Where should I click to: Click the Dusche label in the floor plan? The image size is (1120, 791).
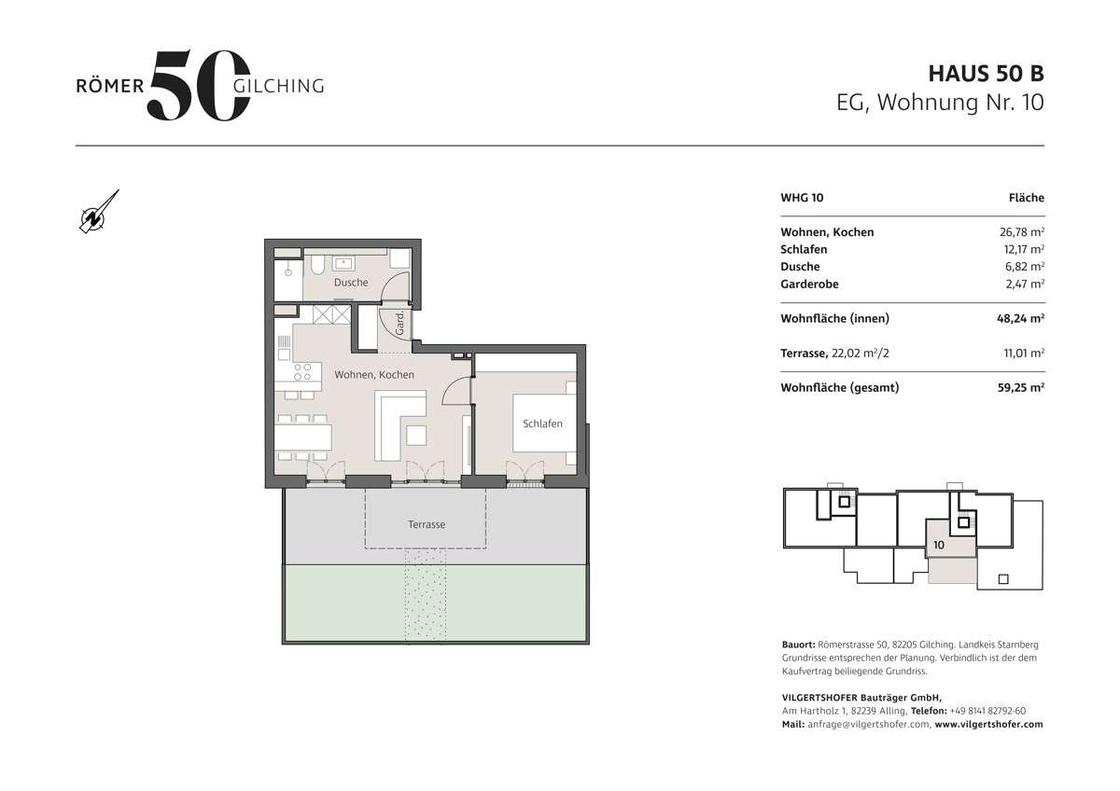tap(350, 282)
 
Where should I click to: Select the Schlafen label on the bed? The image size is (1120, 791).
tap(542, 423)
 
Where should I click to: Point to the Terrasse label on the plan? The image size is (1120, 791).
tap(426, 524)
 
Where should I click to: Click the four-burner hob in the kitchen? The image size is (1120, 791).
tap(302, 373)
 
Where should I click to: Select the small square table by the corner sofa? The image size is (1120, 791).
tap(414, 435)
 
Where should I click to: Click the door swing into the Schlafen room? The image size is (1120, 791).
tap(457, 393)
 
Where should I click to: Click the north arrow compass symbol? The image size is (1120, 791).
tap(98, 212)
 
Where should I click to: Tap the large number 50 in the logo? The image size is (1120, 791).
tap(199, 86)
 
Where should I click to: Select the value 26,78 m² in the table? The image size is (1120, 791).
tap(1021, 232)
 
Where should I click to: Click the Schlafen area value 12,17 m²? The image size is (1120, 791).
tap(1021, 249)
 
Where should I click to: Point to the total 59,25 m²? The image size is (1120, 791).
tap(1020, 387)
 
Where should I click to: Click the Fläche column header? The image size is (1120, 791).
tap(1026, 198)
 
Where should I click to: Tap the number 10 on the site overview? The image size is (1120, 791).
tap(938, 543)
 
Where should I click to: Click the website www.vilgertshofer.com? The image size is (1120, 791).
tap(988, 724)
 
